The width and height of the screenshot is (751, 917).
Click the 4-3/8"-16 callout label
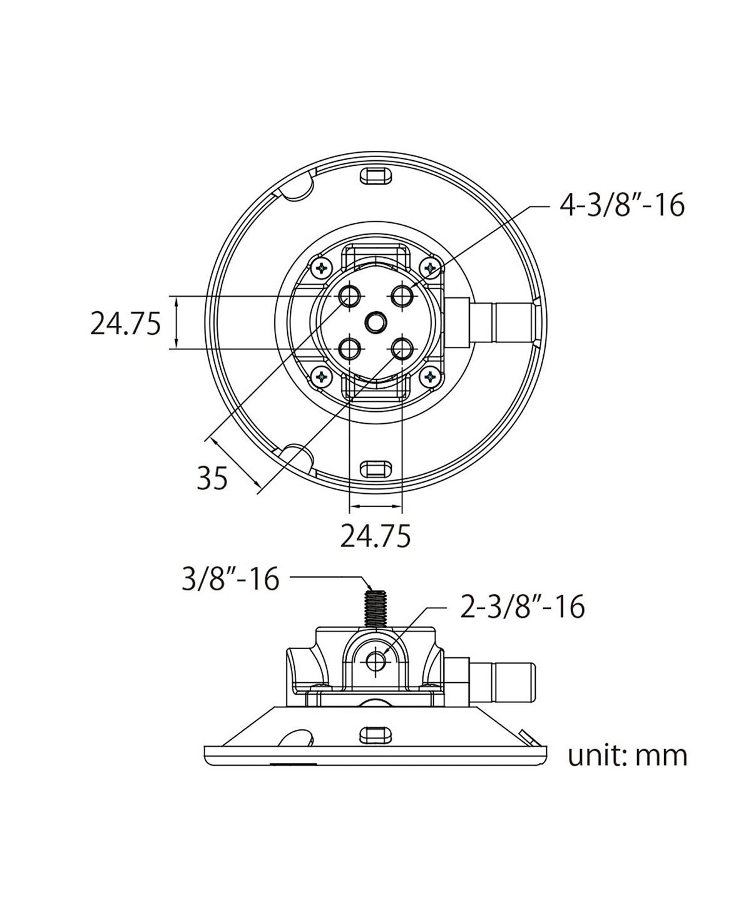click(621, 205)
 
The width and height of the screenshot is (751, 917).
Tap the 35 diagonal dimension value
click(212, 479)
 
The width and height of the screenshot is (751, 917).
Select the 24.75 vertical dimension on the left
click(126, 324)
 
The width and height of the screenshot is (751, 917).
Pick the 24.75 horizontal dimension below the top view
click(375, 536)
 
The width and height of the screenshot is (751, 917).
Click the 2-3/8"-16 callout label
click(522, 607)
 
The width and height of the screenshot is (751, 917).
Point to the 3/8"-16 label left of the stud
click(230, 579)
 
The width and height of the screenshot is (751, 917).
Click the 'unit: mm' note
click(627, 756)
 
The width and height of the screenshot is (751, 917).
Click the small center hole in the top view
click(375, 322)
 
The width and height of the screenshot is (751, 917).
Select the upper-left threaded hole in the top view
click(349, 296)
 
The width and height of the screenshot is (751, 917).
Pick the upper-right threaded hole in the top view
click(402, 296)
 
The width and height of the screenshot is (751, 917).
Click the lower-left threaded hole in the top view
click(349, 349)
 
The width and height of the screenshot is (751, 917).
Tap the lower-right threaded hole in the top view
click(402, 349)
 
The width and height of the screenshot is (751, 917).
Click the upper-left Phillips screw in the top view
click(322, 269)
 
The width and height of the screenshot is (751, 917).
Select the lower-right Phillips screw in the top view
click(430, 377)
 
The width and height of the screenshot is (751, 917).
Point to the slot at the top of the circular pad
click(375, 175)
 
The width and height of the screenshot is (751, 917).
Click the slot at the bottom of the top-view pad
click(375, 468)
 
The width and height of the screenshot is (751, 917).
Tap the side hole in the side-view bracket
click(376, 660)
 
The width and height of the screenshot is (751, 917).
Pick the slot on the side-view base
click(375, 733)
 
